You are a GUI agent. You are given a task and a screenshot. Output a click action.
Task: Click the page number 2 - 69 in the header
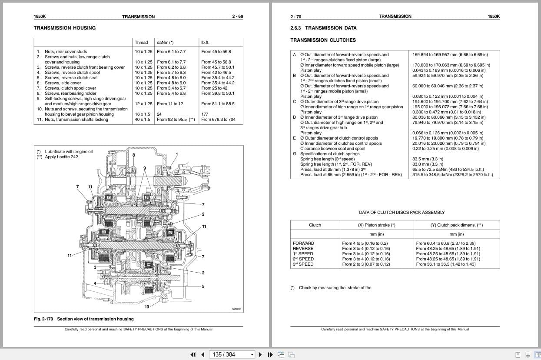(237, 17)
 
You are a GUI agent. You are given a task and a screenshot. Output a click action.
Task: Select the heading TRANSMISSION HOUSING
(65, 28)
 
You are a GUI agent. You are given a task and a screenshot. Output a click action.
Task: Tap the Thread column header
(141, 43)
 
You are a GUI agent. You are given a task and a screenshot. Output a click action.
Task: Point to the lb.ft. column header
(205, 43)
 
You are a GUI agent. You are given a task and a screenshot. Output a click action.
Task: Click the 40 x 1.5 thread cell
(142, 120)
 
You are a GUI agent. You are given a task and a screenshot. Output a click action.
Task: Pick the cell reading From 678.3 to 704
(218, 120)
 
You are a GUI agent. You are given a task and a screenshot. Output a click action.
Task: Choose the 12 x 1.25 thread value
(143, 104)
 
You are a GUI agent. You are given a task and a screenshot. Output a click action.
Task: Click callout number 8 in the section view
(134, 155)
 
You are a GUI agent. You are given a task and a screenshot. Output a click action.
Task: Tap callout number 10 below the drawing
(147, 307)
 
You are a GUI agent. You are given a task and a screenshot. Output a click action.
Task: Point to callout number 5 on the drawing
(203, 287)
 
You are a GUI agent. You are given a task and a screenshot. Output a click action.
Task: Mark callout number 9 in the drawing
(145, 168)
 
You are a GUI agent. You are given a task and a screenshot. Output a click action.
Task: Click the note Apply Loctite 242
(61, 157)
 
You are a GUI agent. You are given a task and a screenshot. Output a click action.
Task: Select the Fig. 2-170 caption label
(43, 319)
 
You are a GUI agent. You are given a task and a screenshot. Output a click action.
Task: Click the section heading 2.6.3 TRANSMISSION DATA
(323, 28)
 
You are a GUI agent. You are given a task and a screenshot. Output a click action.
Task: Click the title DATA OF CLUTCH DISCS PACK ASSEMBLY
(402, 213)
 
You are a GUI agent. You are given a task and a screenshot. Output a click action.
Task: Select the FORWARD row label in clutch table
(303, 243)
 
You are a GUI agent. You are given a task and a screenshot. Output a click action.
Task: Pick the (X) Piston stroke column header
(376, 225)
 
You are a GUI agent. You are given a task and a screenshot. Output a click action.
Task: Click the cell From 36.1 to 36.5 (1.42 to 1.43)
(445, 264)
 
